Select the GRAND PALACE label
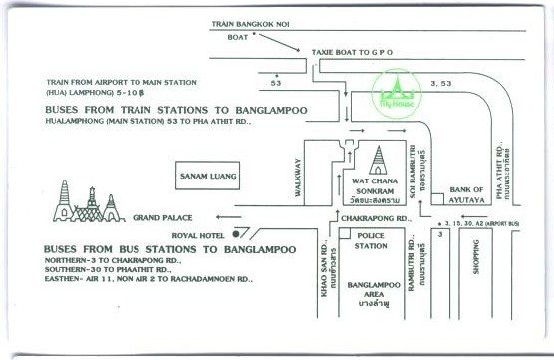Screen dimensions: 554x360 pos(161,216)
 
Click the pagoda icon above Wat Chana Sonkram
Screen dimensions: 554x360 pos(379,159)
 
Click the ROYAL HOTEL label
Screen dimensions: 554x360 pos(198,235)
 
